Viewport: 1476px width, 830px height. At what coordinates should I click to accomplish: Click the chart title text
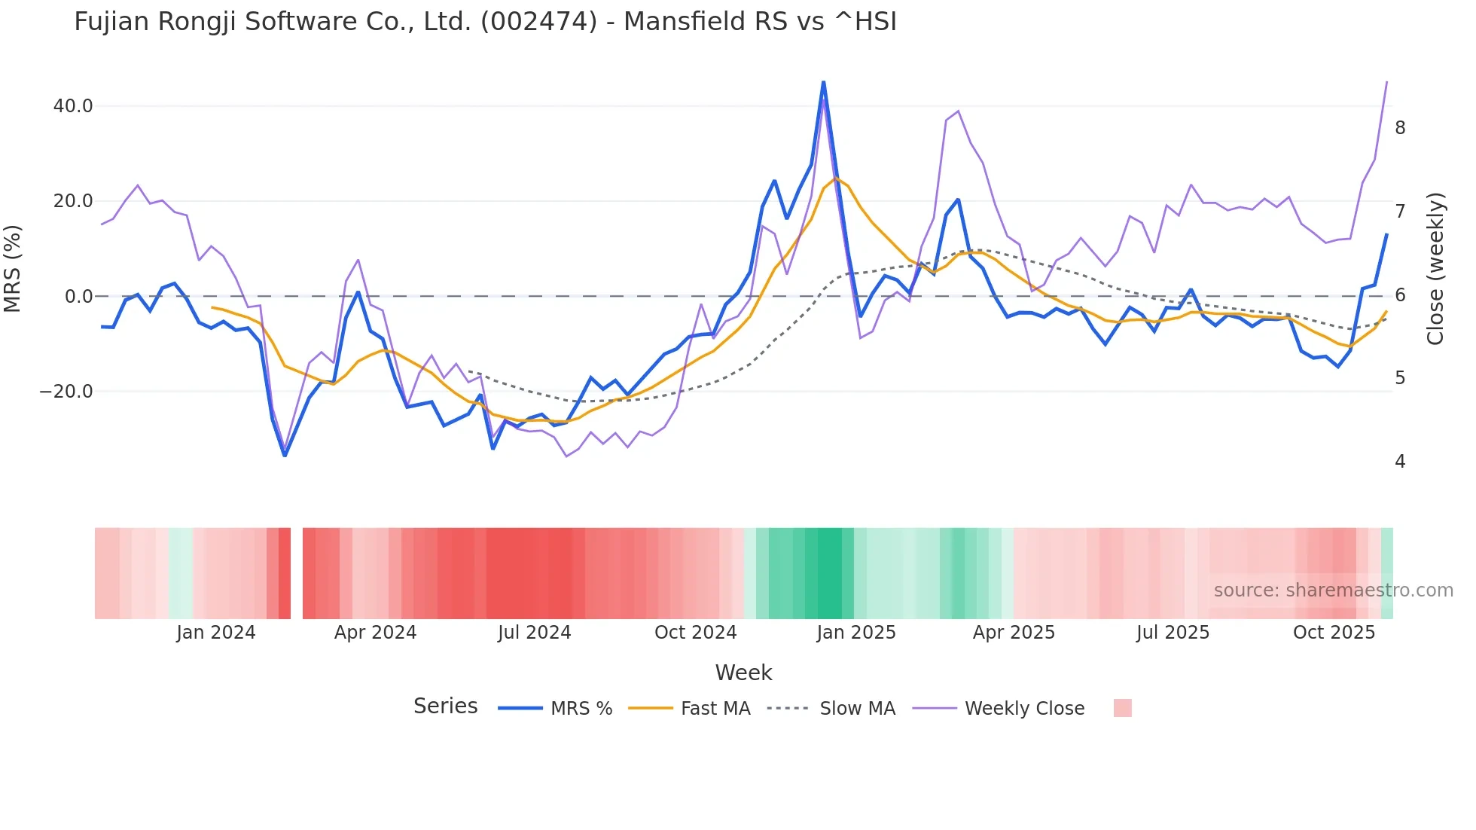click(x=485, y=22)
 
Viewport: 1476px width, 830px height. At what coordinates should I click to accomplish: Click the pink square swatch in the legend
click(x=1122, y=708)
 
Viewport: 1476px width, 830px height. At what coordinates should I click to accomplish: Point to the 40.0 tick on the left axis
click(x=73, y=106)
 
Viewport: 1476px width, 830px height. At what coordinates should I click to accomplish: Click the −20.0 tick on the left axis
click(x=66, y=392)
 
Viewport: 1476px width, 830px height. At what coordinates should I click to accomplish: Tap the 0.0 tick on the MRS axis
click(x=78, y=297)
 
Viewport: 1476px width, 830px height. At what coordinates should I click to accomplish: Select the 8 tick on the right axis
click(x=1400, y=128)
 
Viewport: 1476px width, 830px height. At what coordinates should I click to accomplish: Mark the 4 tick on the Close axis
click(x=1400, y=462)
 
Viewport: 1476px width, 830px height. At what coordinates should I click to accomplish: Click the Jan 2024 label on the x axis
click(x=216, y=633)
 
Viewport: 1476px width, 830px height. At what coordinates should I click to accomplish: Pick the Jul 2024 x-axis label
click(x=535, y=633)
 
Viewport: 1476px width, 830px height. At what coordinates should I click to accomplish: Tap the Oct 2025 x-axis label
click(x=1334, y=633)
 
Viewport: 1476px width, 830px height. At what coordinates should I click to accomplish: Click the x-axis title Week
click(x=743, y=673)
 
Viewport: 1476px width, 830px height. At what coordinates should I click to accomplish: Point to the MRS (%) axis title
click(x=13, y=268)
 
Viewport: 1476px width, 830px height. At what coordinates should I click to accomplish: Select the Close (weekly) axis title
click(x=1435, y=269)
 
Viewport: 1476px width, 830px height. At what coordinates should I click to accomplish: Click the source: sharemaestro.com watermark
click(x=1333, y=590)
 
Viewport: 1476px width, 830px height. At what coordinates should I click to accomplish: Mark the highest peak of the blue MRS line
click(x=823, y=82)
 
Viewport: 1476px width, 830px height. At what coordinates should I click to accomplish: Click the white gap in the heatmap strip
click(x=297, y=573)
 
